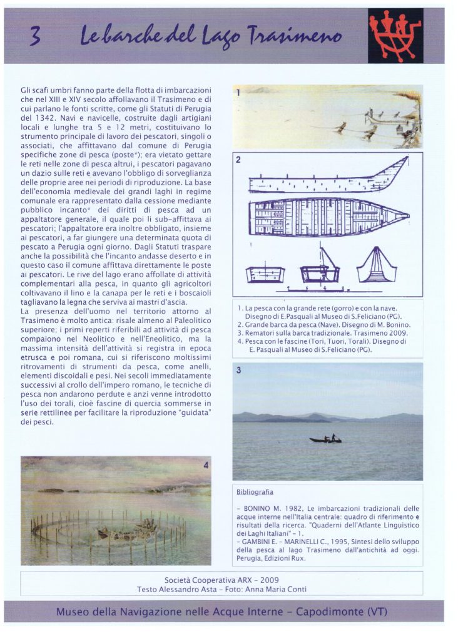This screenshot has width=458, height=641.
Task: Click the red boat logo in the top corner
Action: tap(395, 35)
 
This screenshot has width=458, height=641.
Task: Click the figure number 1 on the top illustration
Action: tap(238, 92)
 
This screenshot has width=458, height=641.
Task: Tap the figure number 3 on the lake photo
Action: tap(238, 371)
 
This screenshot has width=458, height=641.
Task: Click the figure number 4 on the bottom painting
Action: tap(205, 465)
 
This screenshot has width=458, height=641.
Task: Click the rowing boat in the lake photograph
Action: tap(325, 439)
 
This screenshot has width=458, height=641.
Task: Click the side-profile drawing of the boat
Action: tap(328, 178)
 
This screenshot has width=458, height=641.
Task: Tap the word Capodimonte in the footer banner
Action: tap(328, 612)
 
